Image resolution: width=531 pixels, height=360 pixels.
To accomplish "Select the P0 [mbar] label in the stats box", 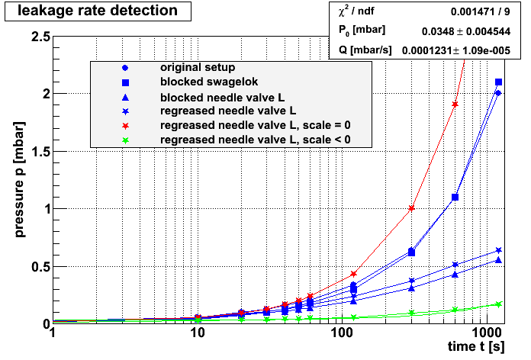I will click(362, 31).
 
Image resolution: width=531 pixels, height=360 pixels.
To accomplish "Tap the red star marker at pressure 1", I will click(412, 208).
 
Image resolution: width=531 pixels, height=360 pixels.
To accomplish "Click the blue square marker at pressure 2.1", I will click(499, 82).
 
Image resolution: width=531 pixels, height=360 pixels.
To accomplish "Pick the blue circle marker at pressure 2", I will click(497, 93).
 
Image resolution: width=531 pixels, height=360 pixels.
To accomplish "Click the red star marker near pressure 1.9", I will click(455, 104).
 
